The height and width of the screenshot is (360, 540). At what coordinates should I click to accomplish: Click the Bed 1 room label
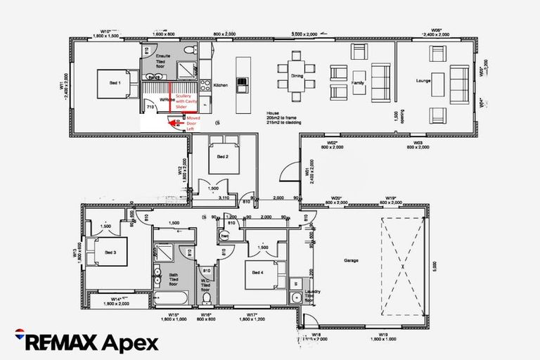[x=115, y=82]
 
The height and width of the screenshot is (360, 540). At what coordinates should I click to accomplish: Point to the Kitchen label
[x=221, y=85]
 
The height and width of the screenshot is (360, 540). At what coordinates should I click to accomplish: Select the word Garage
[x=351, y=260]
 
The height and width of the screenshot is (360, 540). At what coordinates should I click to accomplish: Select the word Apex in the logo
[x=129, y=342]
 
